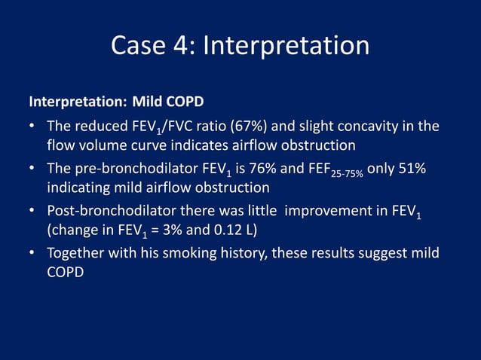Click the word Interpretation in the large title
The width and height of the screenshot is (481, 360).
286,46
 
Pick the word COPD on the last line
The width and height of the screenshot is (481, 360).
65,272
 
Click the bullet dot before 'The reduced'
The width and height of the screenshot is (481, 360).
33,127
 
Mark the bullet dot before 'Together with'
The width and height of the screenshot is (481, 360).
33,253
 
